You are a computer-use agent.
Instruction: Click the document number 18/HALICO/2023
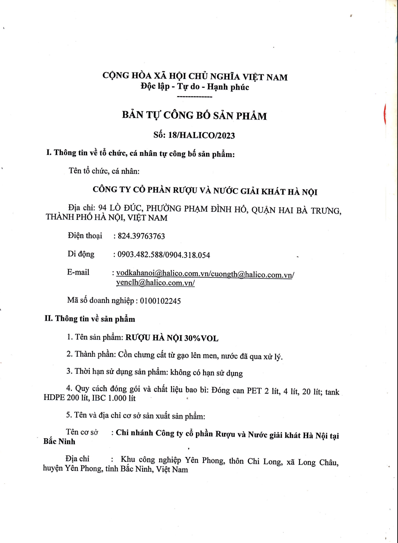point(201,135)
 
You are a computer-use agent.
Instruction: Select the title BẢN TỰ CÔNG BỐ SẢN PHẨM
point(194,115)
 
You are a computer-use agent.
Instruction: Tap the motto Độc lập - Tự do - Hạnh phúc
point(195,87)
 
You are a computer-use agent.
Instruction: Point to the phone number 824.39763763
point(141,236)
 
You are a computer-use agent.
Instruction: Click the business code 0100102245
point(160,301)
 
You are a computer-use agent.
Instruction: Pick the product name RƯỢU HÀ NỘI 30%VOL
point(172,338)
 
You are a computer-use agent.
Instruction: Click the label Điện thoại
point(85,236)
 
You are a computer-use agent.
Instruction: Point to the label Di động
point(81,254)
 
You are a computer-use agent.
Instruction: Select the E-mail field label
point(78,272)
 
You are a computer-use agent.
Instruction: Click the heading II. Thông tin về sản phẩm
point(90,319)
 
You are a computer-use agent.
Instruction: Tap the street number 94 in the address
point(102,208)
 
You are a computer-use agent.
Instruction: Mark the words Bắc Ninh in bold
point(59,442)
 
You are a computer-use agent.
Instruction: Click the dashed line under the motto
point(194,97)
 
